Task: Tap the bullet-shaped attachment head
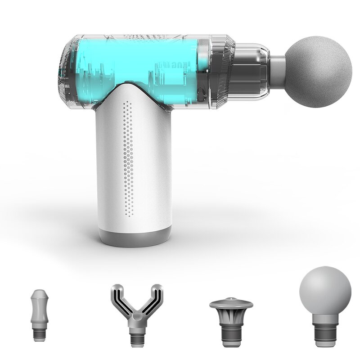[39, 310]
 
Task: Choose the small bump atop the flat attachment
[231, 299]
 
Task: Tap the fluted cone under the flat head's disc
[231, 317]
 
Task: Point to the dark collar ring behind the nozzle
[225, 72]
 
